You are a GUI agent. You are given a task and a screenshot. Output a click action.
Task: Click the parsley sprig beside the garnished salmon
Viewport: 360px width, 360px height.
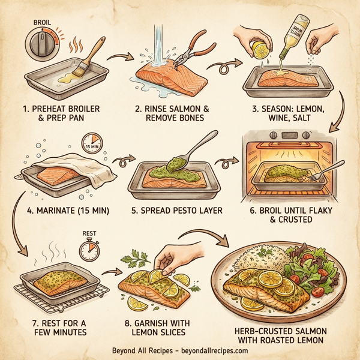(131, 260)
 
